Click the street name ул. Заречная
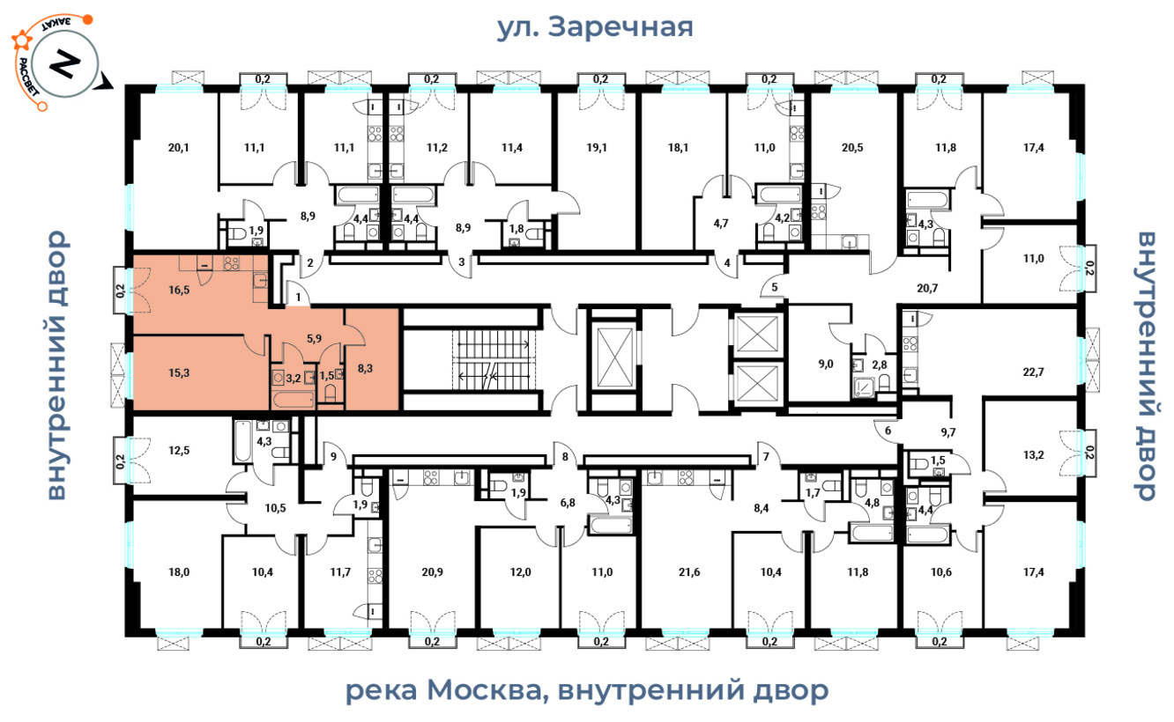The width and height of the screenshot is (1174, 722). (594, 27)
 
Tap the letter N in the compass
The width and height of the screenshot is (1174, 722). (64, 64)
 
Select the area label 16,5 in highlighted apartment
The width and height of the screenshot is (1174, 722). (179, 290)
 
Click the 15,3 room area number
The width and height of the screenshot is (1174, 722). (179, 372)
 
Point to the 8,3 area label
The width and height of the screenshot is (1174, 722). (365, 369)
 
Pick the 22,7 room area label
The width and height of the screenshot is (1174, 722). (1033, 372)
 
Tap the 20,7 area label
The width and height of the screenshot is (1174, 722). (927, 287)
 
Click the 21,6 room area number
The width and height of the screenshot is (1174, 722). (689, 572)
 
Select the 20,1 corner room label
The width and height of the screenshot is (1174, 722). (178, 148)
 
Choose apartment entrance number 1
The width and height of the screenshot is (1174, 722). (298, 298)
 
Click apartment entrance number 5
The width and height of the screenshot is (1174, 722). (775, 287)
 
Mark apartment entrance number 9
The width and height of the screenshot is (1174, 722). (333, 457)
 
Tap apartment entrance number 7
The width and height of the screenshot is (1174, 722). (766, 457)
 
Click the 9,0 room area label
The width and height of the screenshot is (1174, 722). (826, 364)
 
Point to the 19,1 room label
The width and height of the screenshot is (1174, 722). (597, 148)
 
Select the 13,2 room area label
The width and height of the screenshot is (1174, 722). (1033, 455)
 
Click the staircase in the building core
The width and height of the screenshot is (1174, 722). (493, 360)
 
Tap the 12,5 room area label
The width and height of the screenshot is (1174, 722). (179, 450)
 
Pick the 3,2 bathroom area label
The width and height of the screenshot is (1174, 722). (293, 378)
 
